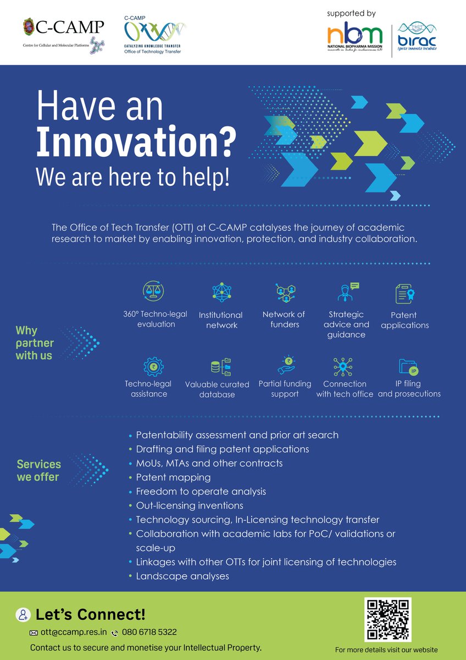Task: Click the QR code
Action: tap(388, 619)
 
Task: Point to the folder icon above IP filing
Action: tap(408, 367)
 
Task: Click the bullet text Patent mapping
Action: tap(173, 477)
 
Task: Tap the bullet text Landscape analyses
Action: tap(182, 576)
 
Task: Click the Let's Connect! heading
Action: tap(90, 614)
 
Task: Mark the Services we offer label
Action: tap(38, 471)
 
